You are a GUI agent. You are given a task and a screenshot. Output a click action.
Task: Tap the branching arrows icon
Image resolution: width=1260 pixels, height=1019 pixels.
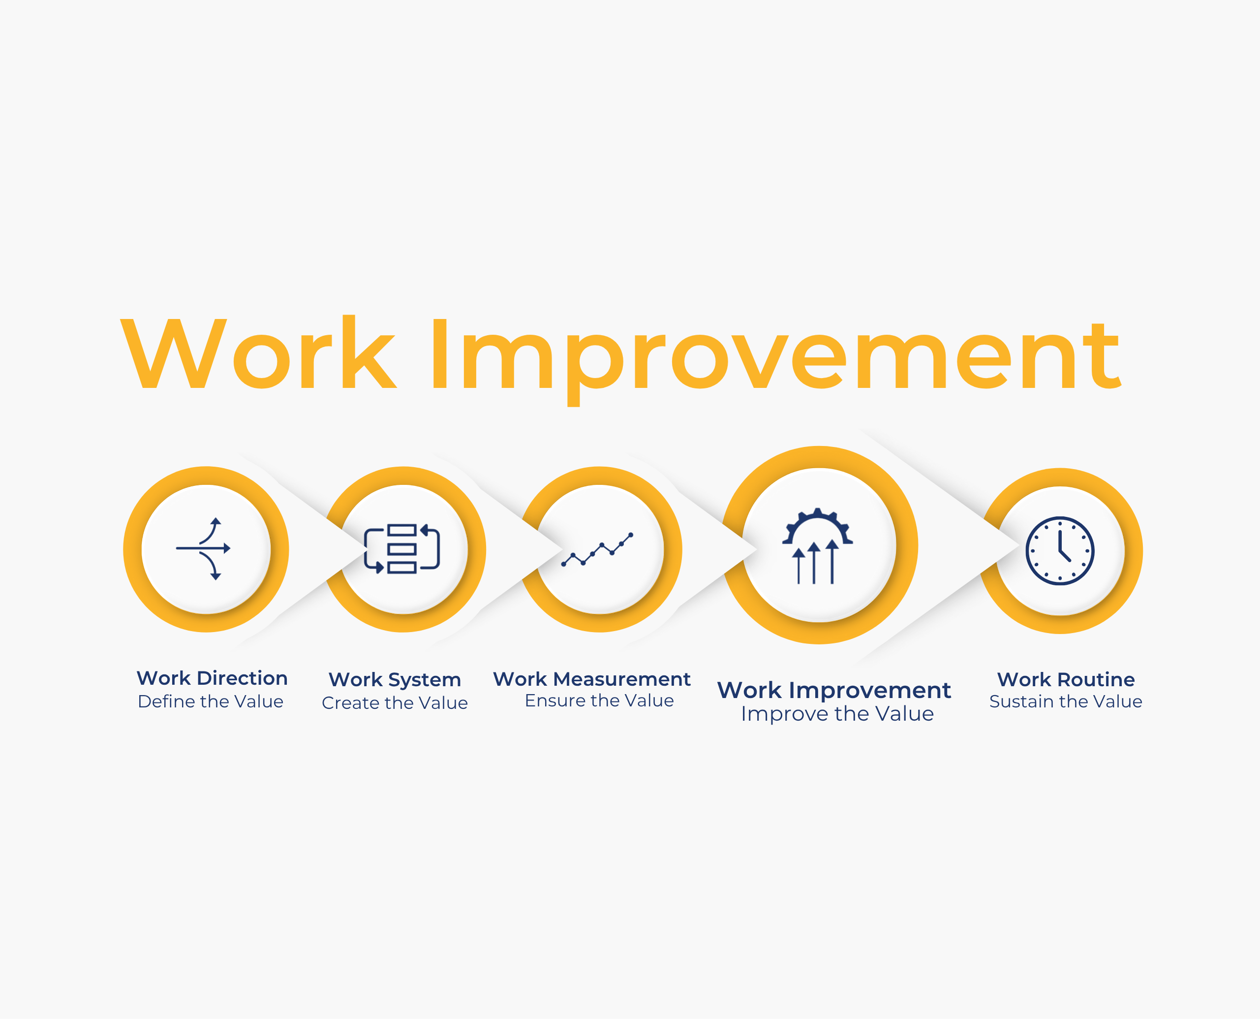pyautogui.click(x=204, y=549)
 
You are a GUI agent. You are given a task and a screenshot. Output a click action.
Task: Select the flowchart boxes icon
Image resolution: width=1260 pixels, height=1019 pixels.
pyautogui.click(x=402, y=549)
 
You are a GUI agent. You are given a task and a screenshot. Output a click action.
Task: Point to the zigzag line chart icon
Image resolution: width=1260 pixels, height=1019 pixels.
pyautogui.click(x=597, y=549)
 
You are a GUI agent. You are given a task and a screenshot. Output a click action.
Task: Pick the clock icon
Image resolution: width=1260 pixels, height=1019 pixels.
pyautogui.click(x=1060, y=550)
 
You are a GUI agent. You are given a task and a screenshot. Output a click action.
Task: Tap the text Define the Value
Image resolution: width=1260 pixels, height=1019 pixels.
pyautogui.click(x=211, y=701)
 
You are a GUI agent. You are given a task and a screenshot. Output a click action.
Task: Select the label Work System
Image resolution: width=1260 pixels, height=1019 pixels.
pyautogui.click(x=395, y=680)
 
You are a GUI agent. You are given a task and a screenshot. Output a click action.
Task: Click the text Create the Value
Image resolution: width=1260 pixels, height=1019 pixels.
pyautogui.click(x=395, y=702)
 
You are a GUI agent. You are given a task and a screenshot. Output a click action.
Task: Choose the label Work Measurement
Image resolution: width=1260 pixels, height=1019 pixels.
pyautogui.click(x=592, y=679)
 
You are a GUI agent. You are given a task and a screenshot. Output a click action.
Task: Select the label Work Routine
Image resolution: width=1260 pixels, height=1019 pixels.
pyautogui.click(x=1066, y=679)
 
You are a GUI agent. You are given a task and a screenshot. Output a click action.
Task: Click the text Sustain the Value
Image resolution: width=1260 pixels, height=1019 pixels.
pyautogui.click(x=1066, y=701)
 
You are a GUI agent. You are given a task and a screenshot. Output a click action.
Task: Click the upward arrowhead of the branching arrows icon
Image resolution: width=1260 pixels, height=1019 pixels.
pyautogui.click(x=216, y=521)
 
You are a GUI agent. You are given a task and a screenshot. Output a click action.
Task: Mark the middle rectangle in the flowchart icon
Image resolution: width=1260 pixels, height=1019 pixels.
pyautogui.click(x=402, y=549)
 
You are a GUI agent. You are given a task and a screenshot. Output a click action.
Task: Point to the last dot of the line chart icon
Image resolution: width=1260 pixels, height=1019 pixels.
pyautogui.click(x=631, y=535)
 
